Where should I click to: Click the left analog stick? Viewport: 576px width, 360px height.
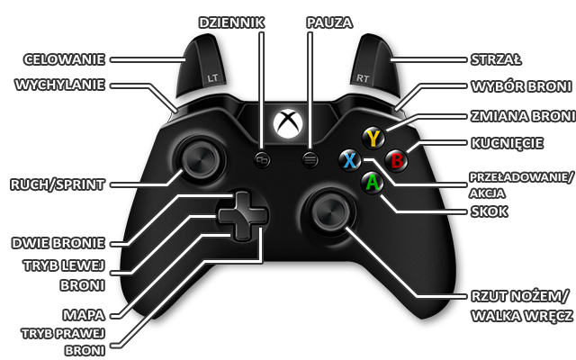pos(197,162)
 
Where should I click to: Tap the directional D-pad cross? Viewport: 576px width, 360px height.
pos(242,216)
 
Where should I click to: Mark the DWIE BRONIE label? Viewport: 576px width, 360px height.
pos(58,242)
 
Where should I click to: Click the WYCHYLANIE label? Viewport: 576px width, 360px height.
pos(60,85)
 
